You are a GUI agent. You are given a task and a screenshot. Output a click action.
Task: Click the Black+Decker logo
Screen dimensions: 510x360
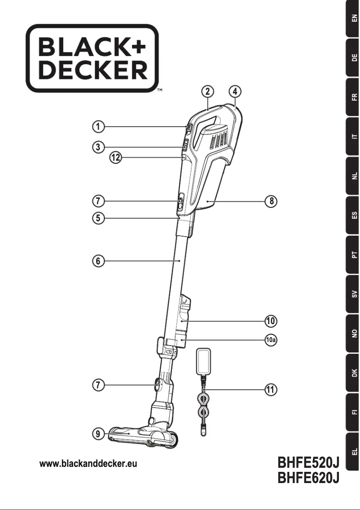pos(92,58)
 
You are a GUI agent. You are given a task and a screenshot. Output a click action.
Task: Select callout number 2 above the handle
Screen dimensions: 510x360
pos(207,91)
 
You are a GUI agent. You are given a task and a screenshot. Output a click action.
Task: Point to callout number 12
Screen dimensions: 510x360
pos(116,158)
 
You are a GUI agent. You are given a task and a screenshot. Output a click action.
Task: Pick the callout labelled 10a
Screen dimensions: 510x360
pos(271,340)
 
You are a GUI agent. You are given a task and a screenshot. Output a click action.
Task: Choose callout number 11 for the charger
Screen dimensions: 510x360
pos(270,390)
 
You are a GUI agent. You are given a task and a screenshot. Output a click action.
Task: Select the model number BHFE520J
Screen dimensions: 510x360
pos(308,462)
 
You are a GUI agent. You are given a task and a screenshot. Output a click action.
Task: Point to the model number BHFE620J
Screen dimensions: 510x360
pos(308,479)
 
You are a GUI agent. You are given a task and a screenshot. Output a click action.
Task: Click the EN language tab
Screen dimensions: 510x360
pos(353,19)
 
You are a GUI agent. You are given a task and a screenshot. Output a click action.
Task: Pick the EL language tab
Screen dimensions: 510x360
pos(353,451)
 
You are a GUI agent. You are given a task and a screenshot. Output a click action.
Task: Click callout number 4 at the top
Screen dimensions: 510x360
pos(235,91)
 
